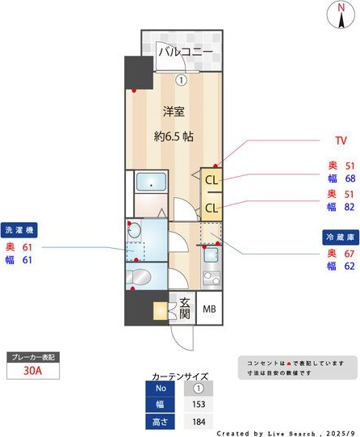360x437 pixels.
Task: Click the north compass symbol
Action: (335, 15)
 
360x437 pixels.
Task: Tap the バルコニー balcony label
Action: (185, 53)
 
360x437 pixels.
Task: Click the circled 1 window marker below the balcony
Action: (182, 80)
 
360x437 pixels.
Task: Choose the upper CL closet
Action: (211, 180)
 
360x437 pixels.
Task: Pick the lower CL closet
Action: (211, 208)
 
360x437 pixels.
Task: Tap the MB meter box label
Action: (209, 309)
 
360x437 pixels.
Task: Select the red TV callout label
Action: (341, 141)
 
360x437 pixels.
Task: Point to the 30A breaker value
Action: (31, 371)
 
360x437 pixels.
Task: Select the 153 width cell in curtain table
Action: (197, 405)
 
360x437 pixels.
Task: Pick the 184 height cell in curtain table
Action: (197, 422)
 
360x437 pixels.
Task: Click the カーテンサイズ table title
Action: (180, 376)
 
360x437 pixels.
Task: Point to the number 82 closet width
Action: (351, 208)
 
